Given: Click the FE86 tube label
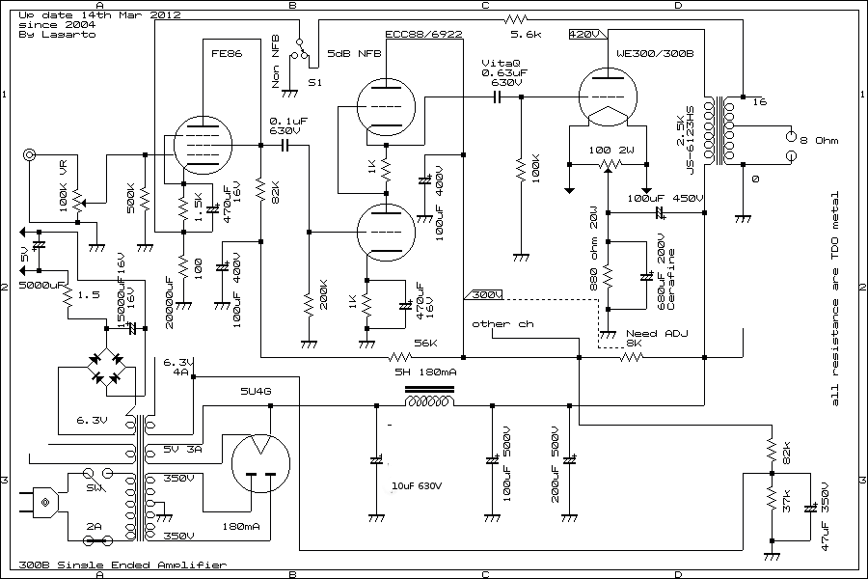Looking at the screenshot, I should tap(227, 54).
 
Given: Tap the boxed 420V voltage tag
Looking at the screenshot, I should tap(584, 35).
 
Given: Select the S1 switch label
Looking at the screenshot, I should tap(315, 83).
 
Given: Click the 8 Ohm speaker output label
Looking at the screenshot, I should tap(820, 141).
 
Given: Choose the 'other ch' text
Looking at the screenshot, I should tap(502, 324).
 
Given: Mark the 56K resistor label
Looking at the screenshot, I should tap(424, 343).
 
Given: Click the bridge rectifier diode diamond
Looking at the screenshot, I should tap(104, 367).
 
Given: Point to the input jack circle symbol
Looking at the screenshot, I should tap(31, 154).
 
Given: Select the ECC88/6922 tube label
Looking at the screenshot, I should tap(423, 36).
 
